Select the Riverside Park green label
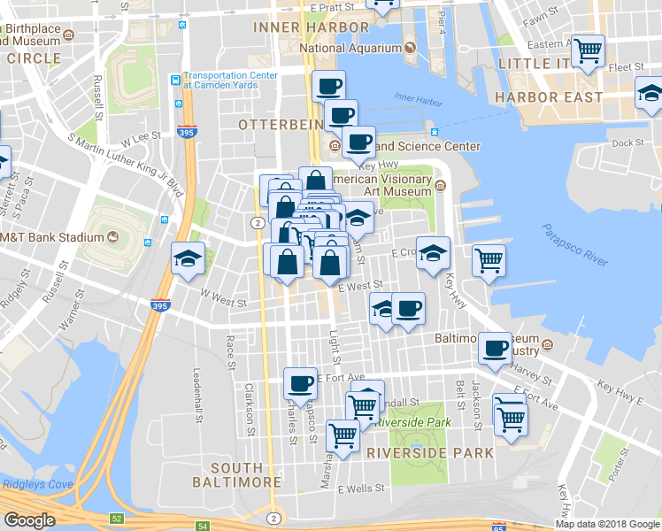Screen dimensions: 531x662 (412, 422)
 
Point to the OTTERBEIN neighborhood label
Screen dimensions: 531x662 (281, 125)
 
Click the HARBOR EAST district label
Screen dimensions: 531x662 (549, 97)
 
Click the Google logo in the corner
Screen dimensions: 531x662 (29, 520)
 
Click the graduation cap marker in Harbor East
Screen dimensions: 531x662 (650, 92)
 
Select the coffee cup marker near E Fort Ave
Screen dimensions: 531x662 (300, 383)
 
